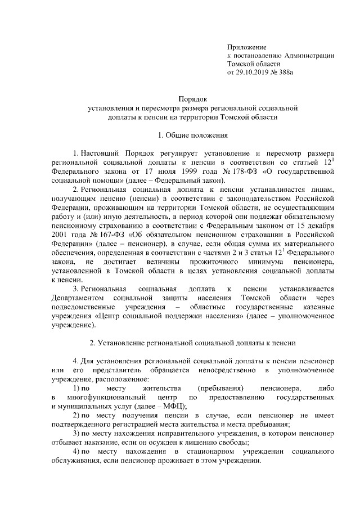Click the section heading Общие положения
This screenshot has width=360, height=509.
pyautogui.click(x=195, y=135)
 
